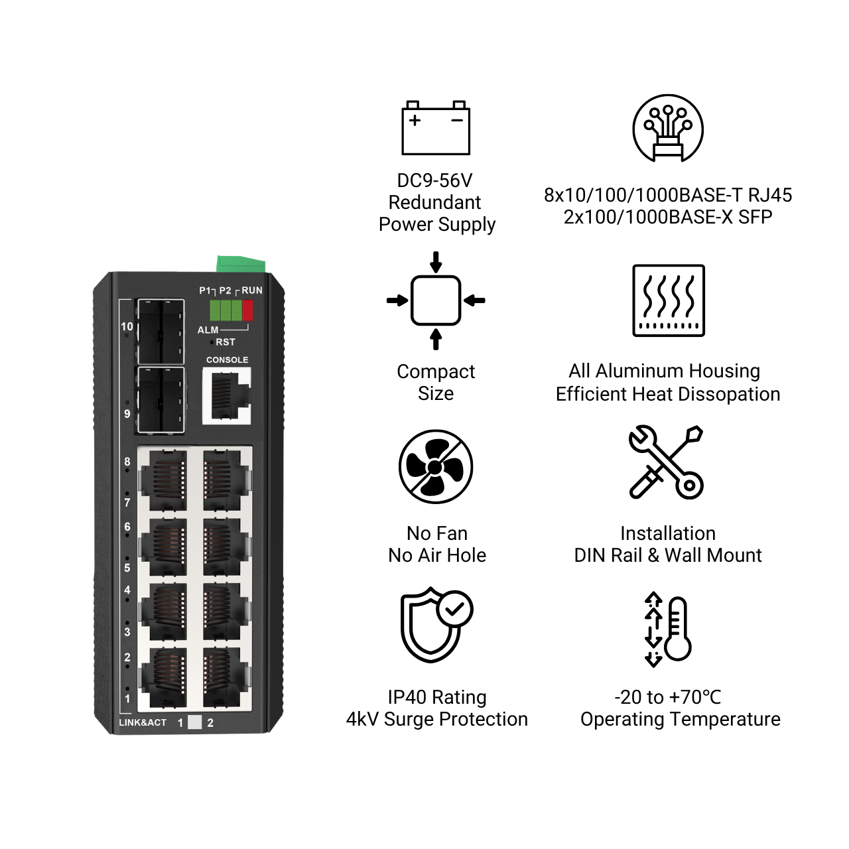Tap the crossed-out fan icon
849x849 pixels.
436,467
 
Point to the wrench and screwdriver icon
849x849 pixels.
666,462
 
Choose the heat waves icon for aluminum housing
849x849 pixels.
669,300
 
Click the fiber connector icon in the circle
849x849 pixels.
668,129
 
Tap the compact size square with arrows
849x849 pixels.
436,300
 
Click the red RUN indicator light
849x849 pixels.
248,310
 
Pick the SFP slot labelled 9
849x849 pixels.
160,400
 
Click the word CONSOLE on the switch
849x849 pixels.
228,360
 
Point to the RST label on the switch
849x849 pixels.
226,342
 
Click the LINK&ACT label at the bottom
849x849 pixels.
143,722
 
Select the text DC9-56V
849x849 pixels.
434,180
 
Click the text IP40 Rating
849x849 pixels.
437,697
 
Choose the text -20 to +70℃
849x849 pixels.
667,697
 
